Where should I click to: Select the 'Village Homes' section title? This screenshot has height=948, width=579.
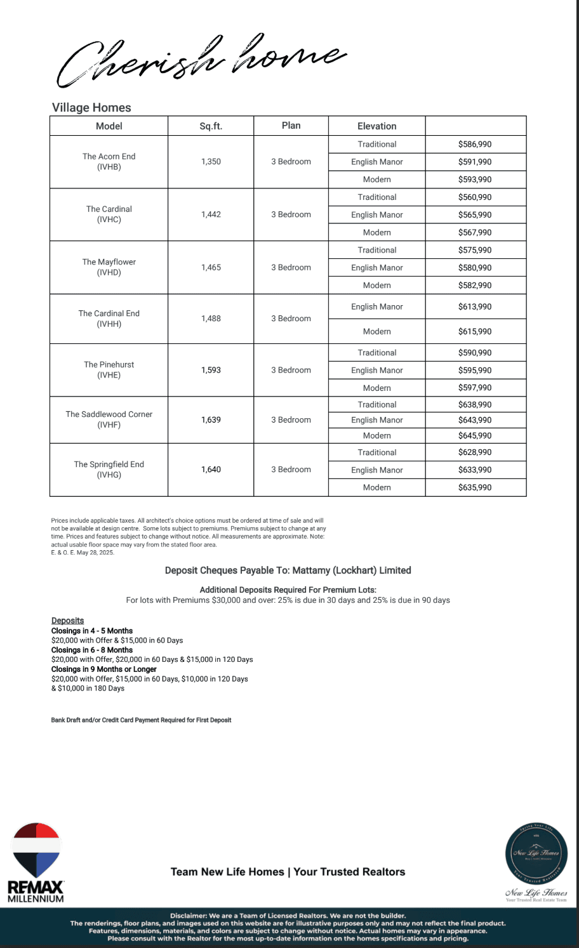pos(91,107)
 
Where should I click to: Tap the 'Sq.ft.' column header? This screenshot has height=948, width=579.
pos(211,126)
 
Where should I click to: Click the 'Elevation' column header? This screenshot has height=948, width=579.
pos(376,126)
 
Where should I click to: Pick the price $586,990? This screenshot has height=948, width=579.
pos(475,144)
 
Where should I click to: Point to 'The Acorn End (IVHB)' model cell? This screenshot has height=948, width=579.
pos(109,162)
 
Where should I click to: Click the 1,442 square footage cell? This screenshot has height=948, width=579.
pos(211,214)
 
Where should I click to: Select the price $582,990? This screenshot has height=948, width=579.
pos(475,285)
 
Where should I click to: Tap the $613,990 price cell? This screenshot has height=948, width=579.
pos(475,306)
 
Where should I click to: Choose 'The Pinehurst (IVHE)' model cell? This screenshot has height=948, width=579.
pos(109,370)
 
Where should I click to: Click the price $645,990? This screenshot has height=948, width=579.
pos(475,435)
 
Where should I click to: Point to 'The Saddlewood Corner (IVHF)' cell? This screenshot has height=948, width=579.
pos(109,419)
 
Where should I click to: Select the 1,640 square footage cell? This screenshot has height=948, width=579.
pos(211,470)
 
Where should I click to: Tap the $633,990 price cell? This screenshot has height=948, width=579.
pos(475,470)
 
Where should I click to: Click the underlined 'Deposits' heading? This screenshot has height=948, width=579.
pos(67,621)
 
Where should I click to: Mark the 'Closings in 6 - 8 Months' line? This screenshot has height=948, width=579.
pos(92,650)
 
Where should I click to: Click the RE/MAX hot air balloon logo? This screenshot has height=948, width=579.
pos(36,850)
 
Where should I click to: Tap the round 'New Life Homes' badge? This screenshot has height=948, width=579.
pos(536,852)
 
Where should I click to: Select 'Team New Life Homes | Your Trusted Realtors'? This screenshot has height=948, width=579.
pos(288,872)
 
